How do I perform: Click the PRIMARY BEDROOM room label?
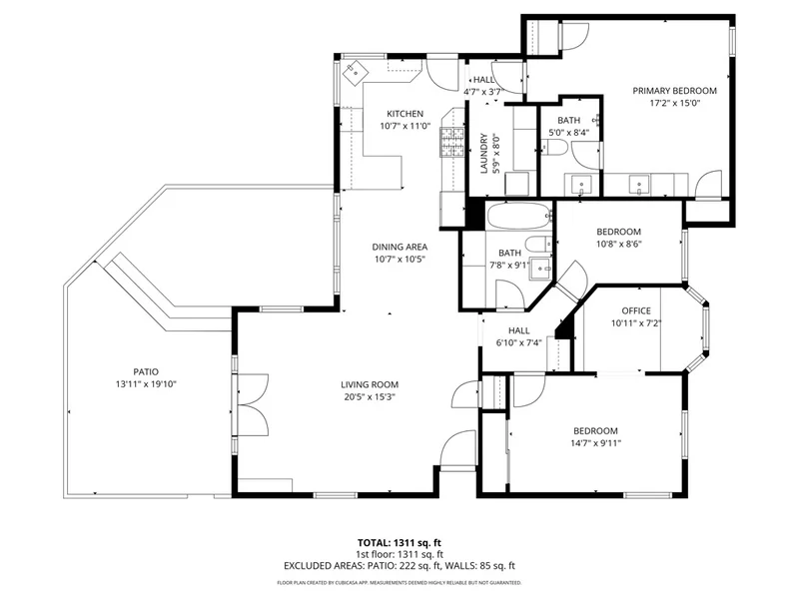tap(674, 91)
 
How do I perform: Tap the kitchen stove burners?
tap(452, 141)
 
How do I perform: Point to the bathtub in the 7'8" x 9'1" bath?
tap(519, 217)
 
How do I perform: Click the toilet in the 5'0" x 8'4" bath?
tap(554, 148)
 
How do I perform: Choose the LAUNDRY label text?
tap(484, 154)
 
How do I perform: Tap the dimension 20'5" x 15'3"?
tap(370, 397)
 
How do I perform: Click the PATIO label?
tap(146, 371)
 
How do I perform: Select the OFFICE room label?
tap(636, 310)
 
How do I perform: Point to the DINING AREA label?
tap(399, 247)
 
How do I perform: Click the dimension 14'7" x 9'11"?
tap(595, 443)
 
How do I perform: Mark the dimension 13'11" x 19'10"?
tap(146, 384)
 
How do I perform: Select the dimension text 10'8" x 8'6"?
tap(618, 244)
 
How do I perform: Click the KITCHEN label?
tap(405, 114)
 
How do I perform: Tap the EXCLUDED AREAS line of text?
tap(399, 566)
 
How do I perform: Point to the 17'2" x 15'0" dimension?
tap(675, 104)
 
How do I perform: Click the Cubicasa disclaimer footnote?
tap(399, 583)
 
